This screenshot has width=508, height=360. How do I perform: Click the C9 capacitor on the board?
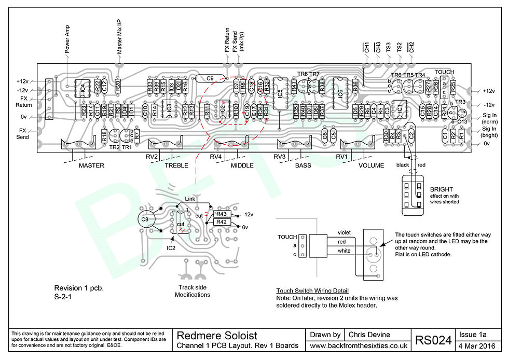point(210,79)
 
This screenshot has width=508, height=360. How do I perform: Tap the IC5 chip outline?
point(280,93)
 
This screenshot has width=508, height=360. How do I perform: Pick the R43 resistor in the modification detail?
point(222,214)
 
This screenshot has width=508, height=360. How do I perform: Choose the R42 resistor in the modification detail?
point(222,222)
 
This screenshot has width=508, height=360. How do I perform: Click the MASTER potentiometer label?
point(91,166)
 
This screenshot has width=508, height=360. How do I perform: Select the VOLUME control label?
point(371,166)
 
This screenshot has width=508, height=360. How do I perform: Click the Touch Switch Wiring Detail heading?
point(312,290)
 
